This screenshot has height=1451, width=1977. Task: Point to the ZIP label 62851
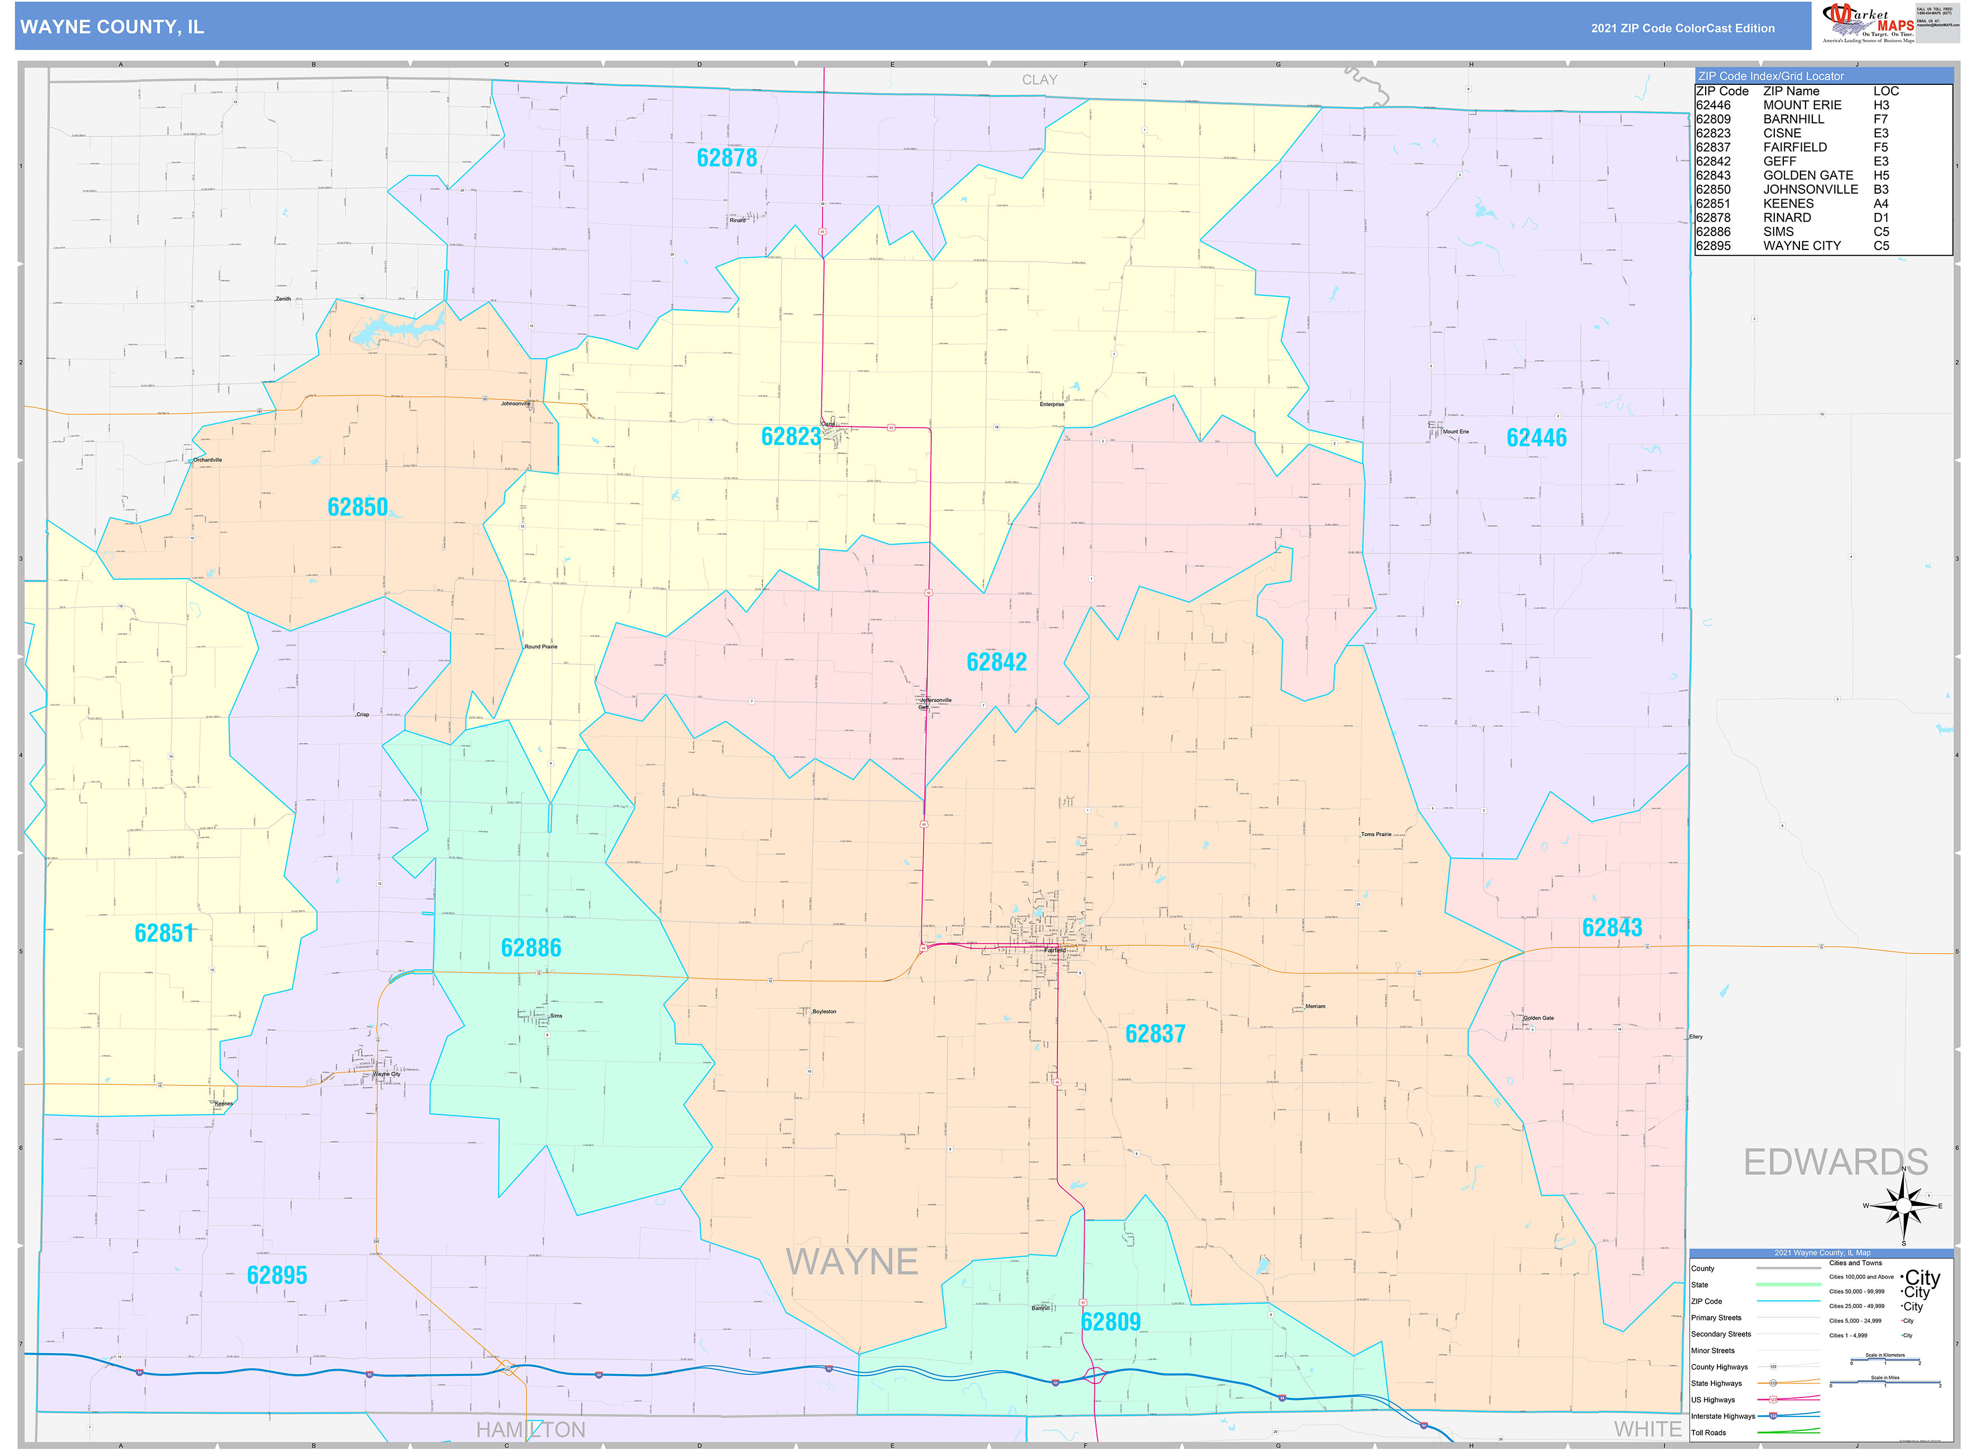pos(164,933)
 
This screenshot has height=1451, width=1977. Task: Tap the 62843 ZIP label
pos(1611,928)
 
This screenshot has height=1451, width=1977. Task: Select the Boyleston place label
pos(824,1012)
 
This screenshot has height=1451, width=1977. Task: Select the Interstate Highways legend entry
pos(1722,1416)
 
